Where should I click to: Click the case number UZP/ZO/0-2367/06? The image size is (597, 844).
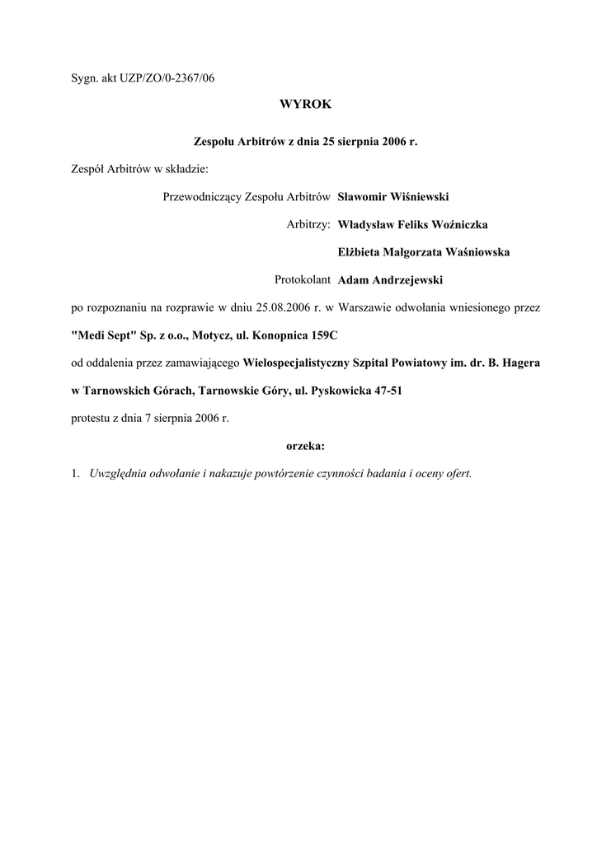tap(162, 78)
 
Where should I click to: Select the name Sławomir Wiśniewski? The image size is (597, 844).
tap(393, 196)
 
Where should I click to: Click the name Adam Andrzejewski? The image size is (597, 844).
tap(391, 280)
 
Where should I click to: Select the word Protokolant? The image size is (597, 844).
tap(303, 280)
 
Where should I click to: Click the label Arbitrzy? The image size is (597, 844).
tap(308, 224)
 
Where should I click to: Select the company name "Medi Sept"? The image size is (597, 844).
tap(101, 336)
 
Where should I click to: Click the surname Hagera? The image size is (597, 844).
tap(519, 363)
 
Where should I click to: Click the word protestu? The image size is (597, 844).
tap(92, 418)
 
